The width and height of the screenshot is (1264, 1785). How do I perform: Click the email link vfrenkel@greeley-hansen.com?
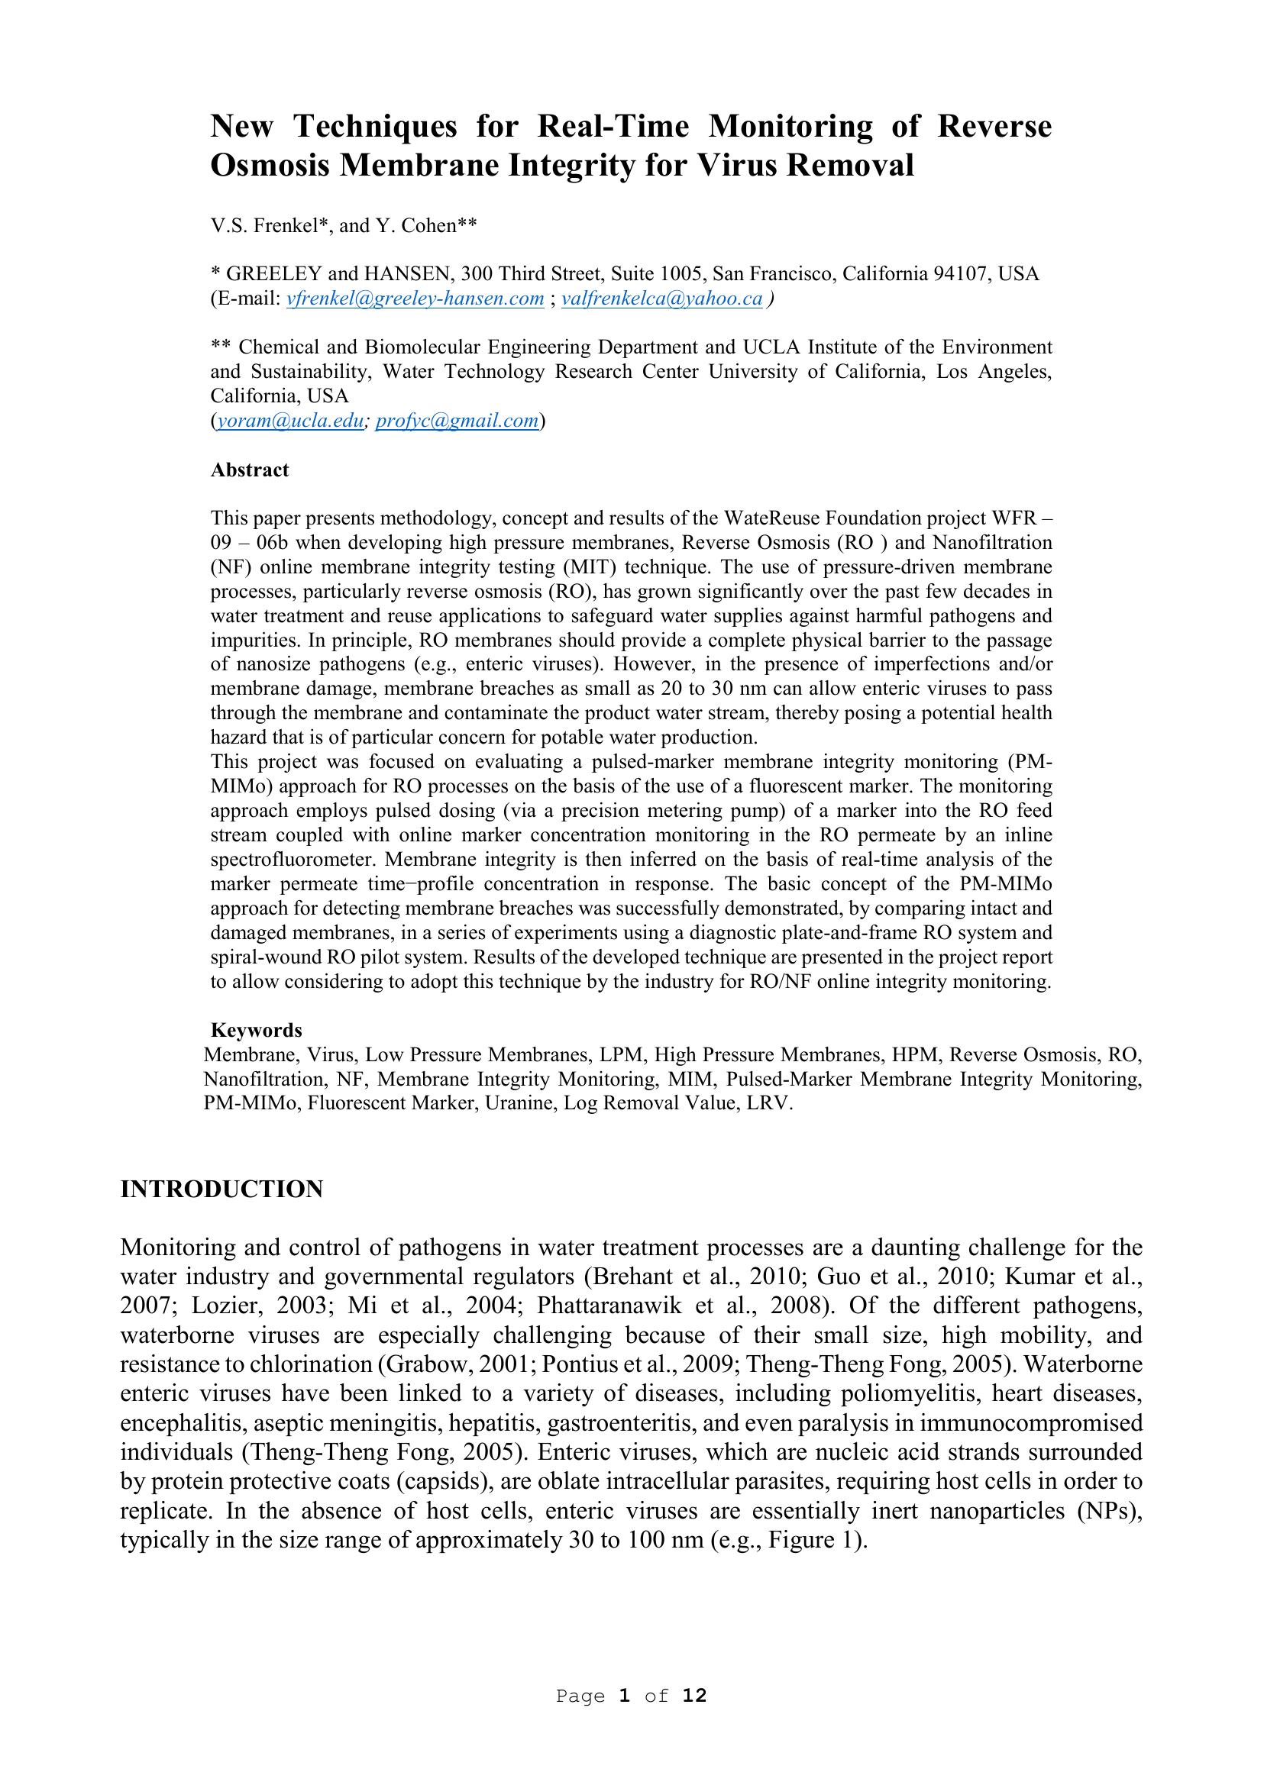coord(415,299)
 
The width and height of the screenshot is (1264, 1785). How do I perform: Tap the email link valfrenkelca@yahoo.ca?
coord(661,299)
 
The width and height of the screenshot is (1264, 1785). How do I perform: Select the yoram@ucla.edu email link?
coord(290,421)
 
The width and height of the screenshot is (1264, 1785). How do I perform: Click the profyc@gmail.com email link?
coord(457,421)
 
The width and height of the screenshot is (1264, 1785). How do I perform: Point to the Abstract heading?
coord(250,470)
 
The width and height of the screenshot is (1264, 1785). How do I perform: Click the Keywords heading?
coord(257,1030)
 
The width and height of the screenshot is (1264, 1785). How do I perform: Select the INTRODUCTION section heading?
coord(221,1189)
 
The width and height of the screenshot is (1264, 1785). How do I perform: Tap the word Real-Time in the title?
coord(613,126)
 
